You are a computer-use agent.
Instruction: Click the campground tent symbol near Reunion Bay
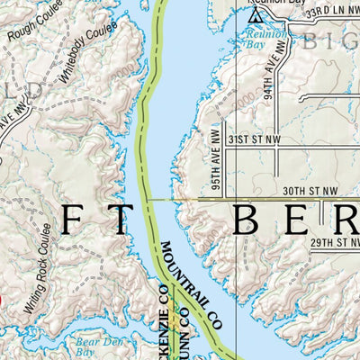tap(255, 16)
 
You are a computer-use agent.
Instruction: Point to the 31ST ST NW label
tap(249, 140)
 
